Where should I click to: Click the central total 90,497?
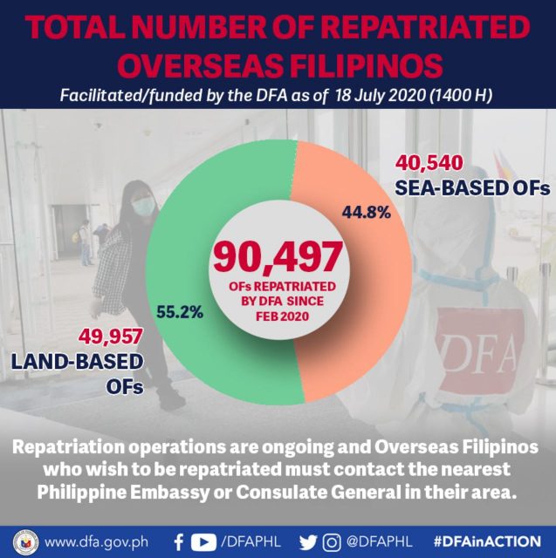click(x=277, y=259)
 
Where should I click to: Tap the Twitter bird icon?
click(x=307, y=541)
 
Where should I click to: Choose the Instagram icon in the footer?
click(x=329, y=541)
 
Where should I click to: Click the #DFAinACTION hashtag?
click(x=486, y=541)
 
